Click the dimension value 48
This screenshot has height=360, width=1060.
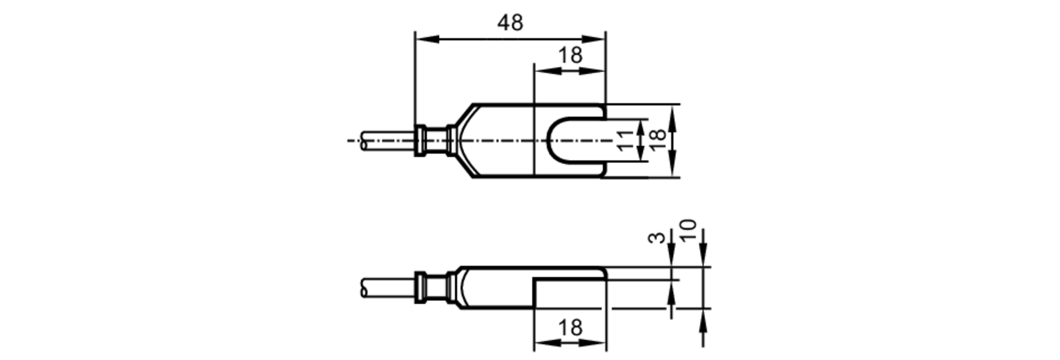(x=510, y=23)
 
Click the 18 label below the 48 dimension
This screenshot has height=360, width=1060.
(x=570, y=55)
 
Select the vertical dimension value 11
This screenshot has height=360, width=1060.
(x=625, y=141)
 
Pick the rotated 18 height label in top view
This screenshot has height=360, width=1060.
(x=658, y=140)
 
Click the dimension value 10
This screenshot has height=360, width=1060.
(x=688, y=231)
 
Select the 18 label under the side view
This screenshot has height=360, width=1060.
(x=570, y=328)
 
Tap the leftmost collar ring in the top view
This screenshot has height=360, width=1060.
(x=420, y=141)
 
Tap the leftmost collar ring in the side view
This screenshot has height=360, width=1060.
(x=420, y=287)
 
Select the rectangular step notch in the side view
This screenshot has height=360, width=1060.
(x=570, y=293)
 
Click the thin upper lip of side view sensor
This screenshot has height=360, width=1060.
(x=570, y=273)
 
